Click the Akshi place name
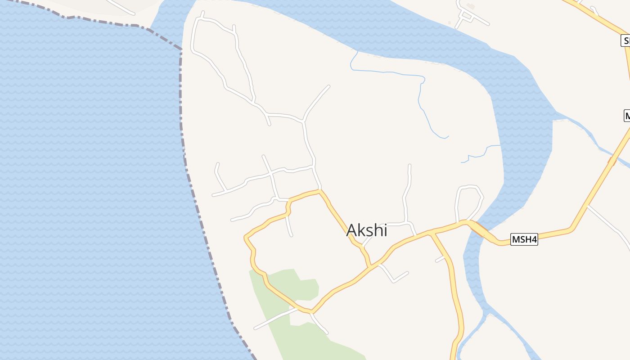click(366, 230)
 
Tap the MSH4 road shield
click(524, 239)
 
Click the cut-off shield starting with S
click(625, 41)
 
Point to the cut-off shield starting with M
click(627, 115)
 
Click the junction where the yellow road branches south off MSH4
click(431, 233)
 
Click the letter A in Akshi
click(351, 230)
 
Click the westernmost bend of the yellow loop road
click(245, 237)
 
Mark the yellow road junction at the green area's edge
click(310, 311)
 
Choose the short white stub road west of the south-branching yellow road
click(440, 259)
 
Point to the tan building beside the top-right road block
click(471, 6)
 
